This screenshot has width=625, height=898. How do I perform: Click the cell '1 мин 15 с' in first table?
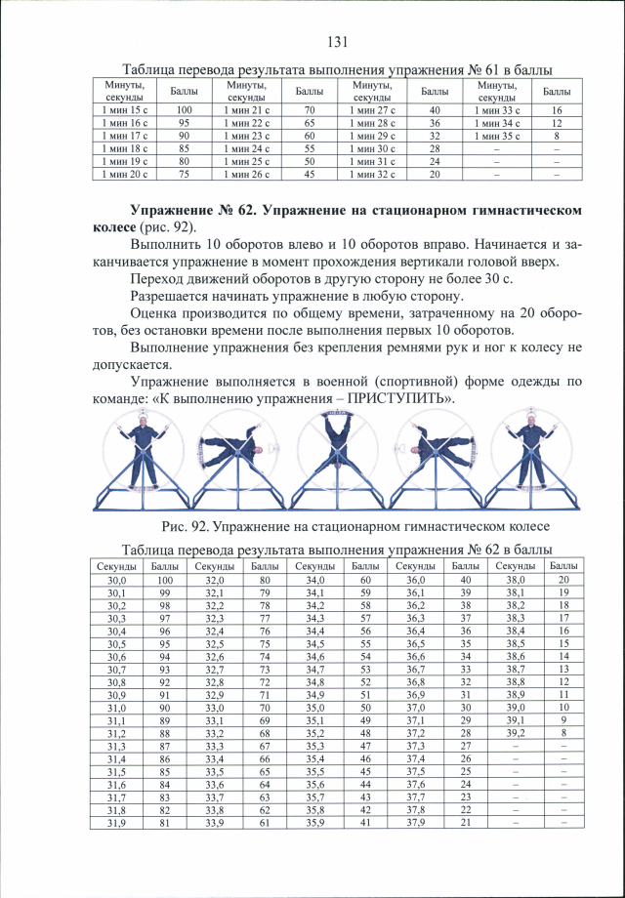(x=125, y=110)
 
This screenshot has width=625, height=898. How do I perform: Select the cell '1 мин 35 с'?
(x=497, y=136)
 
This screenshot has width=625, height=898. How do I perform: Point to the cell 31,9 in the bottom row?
(x=117, y=822)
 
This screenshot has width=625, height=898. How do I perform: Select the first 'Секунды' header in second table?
(x=117, y=566)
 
